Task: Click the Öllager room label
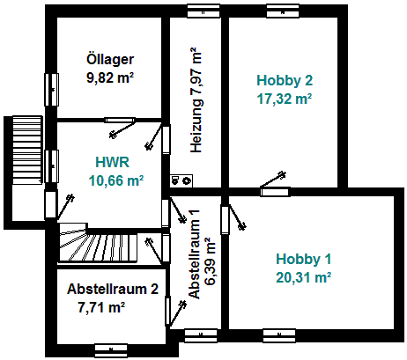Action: pos(110,59)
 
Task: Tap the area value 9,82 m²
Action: pos(110,77)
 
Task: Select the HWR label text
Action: pos(113,162)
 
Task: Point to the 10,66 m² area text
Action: pos(116,180)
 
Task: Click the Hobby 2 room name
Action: pos(285,81)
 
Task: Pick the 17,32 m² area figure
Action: pos(285,99)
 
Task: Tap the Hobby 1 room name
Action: pos(304,260)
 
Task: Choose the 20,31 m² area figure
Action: pos(304,277)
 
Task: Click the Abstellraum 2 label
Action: pos(113,289)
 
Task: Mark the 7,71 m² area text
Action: pos(101,307)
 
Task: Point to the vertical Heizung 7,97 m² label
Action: pos(196,100)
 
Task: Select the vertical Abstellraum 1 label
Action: pos(195,254)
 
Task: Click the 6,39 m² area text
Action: pos(211,261)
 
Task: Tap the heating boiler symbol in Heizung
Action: pos(181,180)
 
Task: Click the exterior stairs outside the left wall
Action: pos(27,151)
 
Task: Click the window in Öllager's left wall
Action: pos(51,90)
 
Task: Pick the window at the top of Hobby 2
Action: pos(283,11)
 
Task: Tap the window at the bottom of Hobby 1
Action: pos(279,336)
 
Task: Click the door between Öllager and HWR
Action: pos(120,120)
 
